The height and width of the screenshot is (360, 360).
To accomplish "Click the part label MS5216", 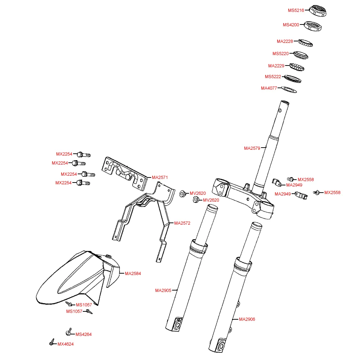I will [x=296, y=10].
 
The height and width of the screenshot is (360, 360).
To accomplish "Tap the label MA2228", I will [x=285, y=41].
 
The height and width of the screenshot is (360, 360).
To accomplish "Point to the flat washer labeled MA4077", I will [x=288, y=89].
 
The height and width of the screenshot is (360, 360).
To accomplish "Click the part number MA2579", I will [x=252, y=148].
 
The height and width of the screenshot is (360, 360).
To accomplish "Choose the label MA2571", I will [x=160, y=177].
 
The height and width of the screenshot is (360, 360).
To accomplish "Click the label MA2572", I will [x=182, y=223].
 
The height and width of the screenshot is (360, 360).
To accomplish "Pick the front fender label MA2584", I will [x=133, y=274].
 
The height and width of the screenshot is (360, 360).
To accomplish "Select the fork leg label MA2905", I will [x=163, y=290].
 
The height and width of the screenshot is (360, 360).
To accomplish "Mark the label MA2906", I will [x=247, y=319].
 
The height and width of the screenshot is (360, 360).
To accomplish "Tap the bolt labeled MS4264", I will [x=69, y=332].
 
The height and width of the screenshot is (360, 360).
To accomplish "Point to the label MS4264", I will [x=84, y=334].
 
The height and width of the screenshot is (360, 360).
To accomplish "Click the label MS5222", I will [x=273, y=77].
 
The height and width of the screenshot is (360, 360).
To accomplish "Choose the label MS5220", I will [x=280, y=54].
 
